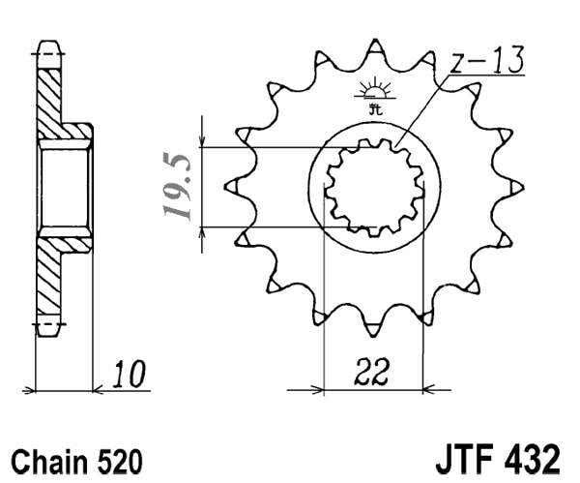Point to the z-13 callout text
pos(489,62)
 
